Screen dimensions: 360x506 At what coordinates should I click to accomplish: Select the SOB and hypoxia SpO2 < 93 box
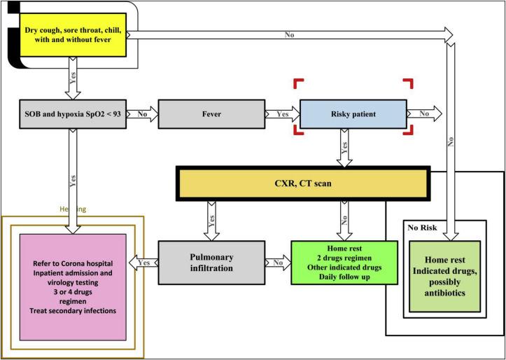(71, 113)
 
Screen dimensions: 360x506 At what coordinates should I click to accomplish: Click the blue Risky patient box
(353, 113)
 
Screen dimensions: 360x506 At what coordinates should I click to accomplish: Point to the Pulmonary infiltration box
(211, 263)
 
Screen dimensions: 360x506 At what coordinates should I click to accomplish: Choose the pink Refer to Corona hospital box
(72, 276)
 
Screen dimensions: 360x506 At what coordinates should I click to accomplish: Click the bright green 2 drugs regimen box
(344, 263)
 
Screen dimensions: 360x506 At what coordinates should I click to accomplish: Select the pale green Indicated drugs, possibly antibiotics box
(445, 272)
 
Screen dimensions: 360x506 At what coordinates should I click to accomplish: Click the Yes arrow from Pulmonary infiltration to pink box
(143, 263)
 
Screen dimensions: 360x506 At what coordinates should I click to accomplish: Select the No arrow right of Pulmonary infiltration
(278, 263)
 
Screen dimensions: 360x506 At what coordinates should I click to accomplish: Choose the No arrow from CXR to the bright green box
(344, 219)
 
